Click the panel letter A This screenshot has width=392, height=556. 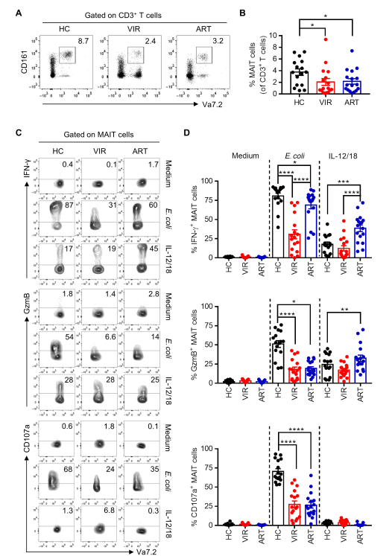19,13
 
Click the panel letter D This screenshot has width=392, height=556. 187,132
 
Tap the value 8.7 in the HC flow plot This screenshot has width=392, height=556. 83,41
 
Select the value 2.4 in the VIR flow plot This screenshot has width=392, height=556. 151,41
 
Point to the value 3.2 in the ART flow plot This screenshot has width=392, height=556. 218,41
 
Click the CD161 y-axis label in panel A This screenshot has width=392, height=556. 25,63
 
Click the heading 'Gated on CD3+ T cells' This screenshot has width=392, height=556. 123,15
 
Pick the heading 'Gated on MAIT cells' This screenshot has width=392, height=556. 98,135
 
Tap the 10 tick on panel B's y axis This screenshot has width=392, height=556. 273,35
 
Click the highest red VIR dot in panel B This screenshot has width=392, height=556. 325,39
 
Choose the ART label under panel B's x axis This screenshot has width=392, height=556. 352,103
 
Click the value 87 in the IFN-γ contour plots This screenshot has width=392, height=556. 69,205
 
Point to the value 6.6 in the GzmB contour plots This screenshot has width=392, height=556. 110,336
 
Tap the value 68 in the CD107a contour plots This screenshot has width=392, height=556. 68,469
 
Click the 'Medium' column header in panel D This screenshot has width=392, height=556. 245,156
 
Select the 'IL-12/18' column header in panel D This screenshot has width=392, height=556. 343,156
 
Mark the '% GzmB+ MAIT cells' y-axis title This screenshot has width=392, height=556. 195,345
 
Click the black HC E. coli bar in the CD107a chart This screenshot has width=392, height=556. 278,498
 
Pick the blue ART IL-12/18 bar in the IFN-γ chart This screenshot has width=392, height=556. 360,243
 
